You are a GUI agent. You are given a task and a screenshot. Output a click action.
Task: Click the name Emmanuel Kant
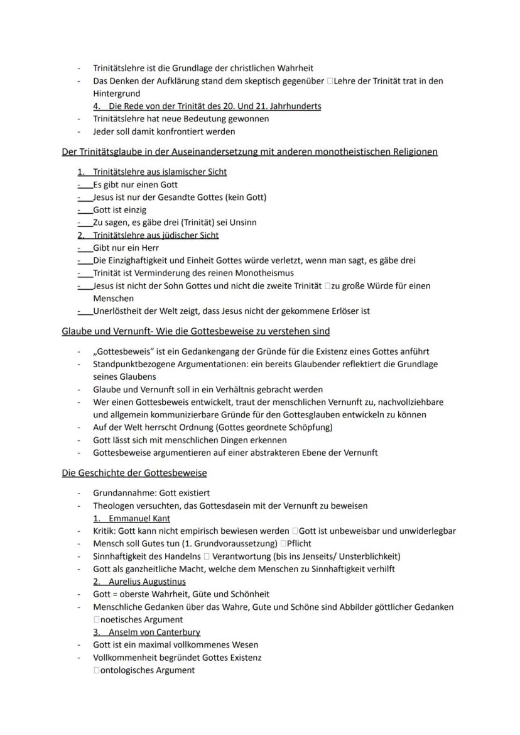[139, 519]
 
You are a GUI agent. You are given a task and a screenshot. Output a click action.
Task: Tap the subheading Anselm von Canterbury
[154, 632]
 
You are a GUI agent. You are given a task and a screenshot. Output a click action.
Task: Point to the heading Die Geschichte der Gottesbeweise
[134, 472]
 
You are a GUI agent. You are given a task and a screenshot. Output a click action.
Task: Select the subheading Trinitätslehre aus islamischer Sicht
[160, 172]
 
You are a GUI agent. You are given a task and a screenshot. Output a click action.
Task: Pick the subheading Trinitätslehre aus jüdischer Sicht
[156, 235]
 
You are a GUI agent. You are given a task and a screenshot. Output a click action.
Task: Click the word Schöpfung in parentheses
[310, 428]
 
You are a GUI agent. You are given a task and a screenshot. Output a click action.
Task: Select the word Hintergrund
[116, 93]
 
